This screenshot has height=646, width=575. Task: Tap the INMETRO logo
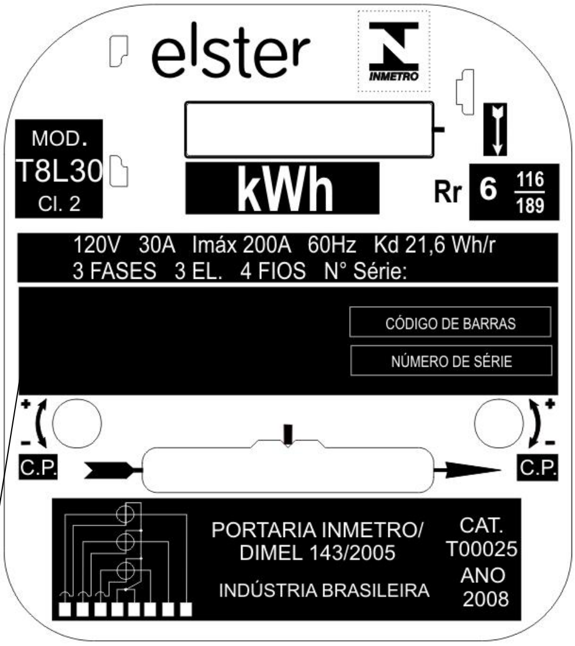(x=393, y=51)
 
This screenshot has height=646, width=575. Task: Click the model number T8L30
(x=59, y=170)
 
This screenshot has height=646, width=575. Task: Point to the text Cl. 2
(x=59, y=204)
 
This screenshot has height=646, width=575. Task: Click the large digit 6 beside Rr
(x=488, y=189)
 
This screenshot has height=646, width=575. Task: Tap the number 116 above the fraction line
(x=530, y=180)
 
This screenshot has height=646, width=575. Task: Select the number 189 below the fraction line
(x=530, y=205)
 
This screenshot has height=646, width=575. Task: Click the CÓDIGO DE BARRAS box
(x=450, y=322)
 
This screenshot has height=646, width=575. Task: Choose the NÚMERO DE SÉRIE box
(x=451, y=361)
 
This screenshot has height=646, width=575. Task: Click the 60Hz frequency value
(x=331, y=245)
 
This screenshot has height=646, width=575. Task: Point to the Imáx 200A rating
(x=242, y=245)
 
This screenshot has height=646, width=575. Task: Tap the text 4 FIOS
(x=273, y=271)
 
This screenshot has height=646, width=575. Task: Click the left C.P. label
(x=38, y=467)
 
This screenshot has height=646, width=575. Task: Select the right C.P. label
(x=538, y=467)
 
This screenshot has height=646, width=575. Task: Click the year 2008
(x=485, y=599)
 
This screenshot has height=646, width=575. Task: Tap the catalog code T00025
(x=481, y=549)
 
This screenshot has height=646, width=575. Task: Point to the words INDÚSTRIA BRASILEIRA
(x=324, y=590)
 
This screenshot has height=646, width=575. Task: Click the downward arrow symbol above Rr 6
(x=495, y=129)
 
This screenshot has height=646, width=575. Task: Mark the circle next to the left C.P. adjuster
(x=77, y=423)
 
